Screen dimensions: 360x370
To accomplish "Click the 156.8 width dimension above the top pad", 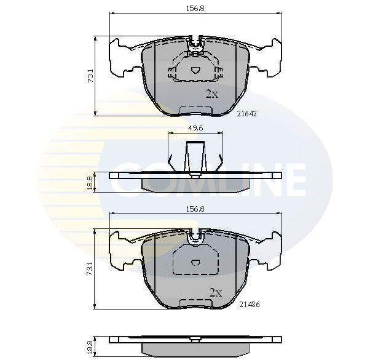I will pos(195,9).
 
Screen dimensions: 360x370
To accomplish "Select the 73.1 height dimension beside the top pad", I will pos(90,76).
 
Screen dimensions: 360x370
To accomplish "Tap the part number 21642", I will pos(246,114).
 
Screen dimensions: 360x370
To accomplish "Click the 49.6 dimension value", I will pos(195,129).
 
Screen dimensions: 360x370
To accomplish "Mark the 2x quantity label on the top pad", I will pos(211,94).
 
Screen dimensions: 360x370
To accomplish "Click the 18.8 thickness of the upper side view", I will pos(90,183).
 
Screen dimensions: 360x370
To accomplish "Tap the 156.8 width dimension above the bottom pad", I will pos(195,209).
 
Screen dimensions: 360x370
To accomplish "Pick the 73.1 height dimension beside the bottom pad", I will pos(90,270).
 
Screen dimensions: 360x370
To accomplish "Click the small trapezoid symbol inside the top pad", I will pos(195,70).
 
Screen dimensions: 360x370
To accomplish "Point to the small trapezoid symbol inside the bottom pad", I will pos(195,262).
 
